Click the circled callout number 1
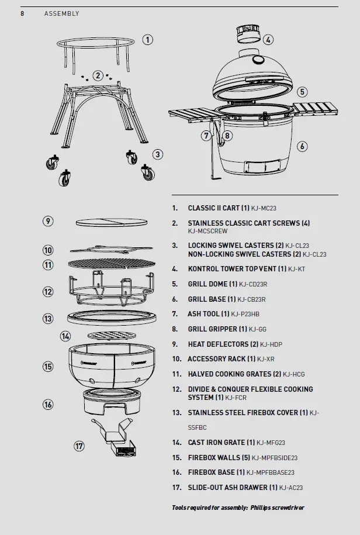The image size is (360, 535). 148,40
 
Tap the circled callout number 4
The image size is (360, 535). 268,40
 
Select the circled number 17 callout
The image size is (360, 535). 79,446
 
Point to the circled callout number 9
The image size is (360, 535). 48,221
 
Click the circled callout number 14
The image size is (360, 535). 65,336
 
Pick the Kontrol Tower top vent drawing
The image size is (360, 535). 249,34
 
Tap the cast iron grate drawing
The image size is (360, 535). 112,336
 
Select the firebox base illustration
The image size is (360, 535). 112,402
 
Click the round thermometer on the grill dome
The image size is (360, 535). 258,60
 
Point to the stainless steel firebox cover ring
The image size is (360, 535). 112,318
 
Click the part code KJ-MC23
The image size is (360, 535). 264,208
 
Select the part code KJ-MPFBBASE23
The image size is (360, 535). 271,472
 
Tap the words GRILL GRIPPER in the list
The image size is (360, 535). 212,329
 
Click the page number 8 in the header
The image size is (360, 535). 22,13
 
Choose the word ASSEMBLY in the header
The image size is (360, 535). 62,13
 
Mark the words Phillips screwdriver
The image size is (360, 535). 277,508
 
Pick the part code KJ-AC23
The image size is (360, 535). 291,488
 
